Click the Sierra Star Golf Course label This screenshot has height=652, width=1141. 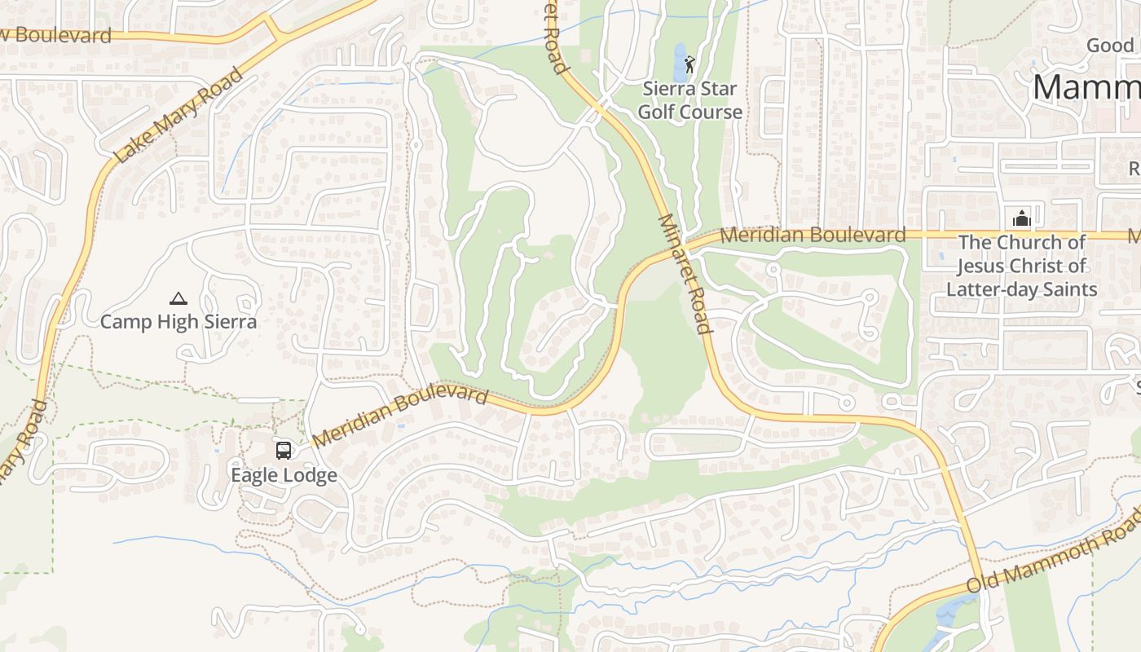point(689,100)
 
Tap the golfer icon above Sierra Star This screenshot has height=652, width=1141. point(690,64)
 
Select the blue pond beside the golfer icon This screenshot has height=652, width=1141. point(680,60)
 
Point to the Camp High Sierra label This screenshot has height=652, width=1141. point(178,322)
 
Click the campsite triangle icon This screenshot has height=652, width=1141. point(178,298)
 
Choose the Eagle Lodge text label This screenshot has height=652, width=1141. point(284,475)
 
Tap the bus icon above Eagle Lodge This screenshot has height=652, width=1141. point(284,450)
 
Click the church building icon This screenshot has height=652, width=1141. point(1021,218)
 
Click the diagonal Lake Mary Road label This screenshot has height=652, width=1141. point(178,115)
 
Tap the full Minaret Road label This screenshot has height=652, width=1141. point(685,274)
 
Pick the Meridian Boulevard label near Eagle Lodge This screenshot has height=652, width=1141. point(399,416)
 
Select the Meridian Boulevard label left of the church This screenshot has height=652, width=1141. point(813,235)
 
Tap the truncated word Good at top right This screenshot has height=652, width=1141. point(1110,46)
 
